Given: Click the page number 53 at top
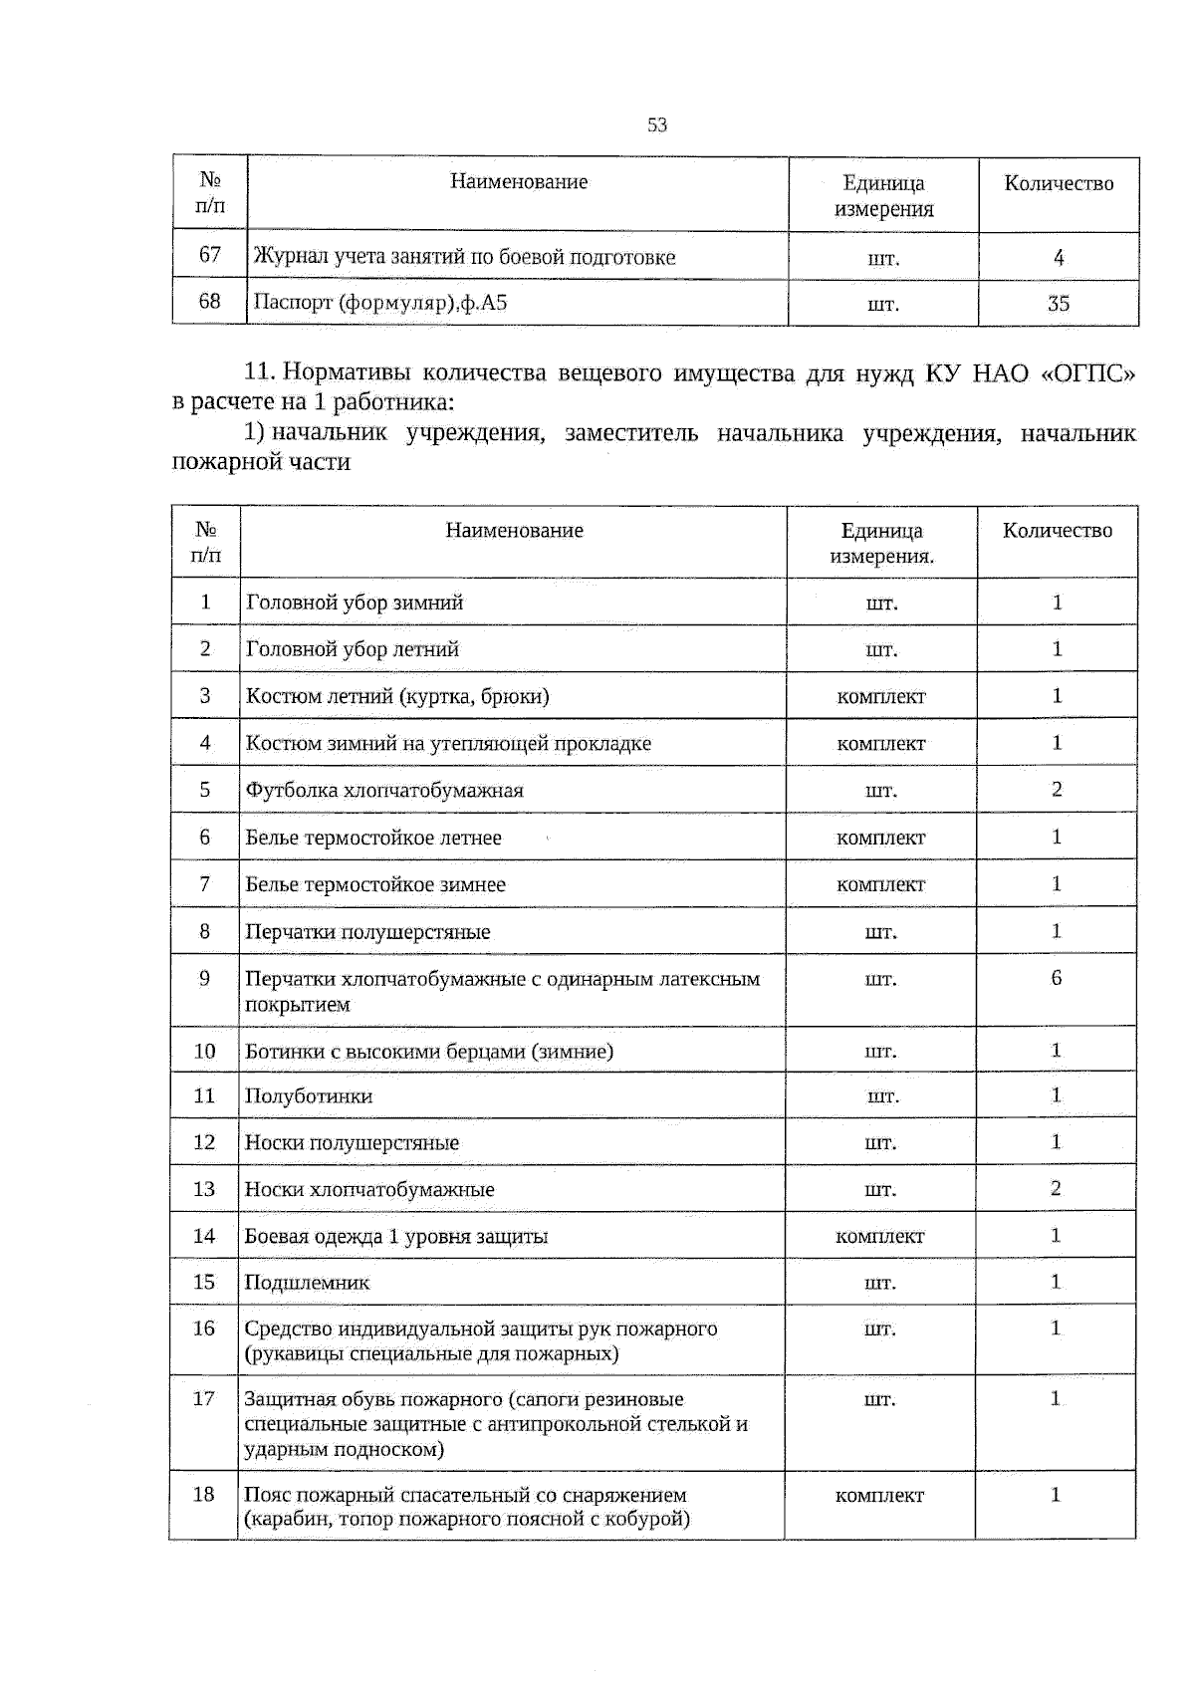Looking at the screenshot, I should [x=656, y=124].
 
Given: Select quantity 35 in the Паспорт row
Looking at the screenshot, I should [x=1058, y=303].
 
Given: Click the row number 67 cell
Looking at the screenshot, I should [x=209, y=255].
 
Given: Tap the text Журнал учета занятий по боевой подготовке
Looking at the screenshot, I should [x=464, y=257].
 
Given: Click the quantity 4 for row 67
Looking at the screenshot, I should [x=1058, y=257].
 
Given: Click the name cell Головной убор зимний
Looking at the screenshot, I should [x=355, y=603].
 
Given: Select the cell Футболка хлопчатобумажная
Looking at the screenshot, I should [x=384, y=790].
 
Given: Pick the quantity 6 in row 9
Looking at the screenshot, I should [x=1056, y=978].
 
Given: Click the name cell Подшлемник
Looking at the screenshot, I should [x=307, y=1283].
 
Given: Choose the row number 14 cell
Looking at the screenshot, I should [x=203, y=1236].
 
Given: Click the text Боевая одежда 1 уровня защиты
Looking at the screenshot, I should [x=396, y=1236].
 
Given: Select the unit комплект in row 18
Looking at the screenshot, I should [x=879, y=1495].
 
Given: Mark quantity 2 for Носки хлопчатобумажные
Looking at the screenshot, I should [x=1056, y=1188].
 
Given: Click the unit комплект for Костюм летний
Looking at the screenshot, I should [x=880, y=696].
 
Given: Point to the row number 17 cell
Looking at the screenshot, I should [x=203, y=1399].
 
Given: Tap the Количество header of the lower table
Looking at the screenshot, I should [x=1057, y=531].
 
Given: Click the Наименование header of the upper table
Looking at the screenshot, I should [x=518, y=181].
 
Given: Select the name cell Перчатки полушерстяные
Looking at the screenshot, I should [x=367, y=932].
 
